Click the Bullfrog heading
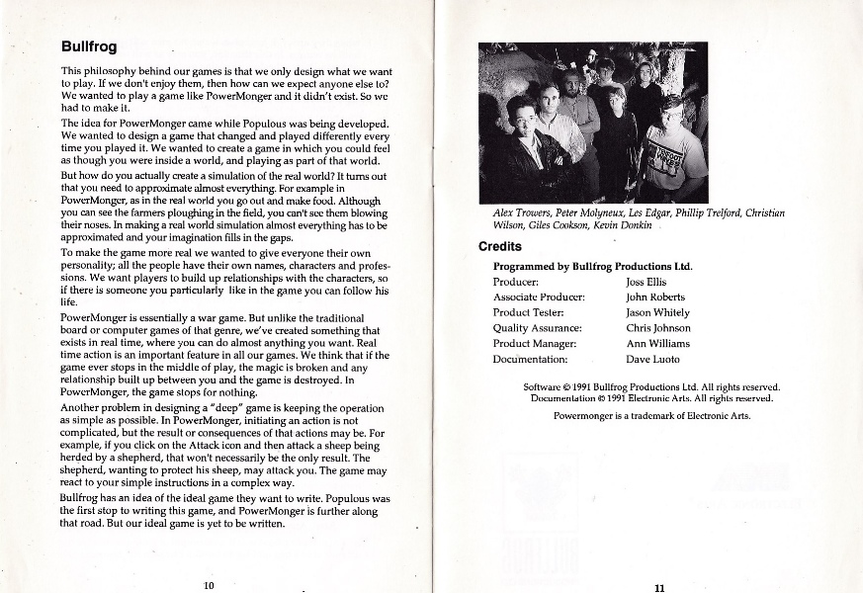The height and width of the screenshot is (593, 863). (89, 46)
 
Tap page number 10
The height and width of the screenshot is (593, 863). (209, 585)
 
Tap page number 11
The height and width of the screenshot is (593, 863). (659, 587)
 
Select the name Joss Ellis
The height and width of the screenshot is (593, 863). (647, 282)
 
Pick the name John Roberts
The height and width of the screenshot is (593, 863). (654, 296)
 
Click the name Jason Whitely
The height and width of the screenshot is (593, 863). (658, 312)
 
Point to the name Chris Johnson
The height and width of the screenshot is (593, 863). (658, 328)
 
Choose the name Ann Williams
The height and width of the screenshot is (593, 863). (657, 344)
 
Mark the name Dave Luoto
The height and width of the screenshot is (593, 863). (652, 360)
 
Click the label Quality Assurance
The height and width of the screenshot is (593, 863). (537, 328)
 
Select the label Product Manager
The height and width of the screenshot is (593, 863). (535, 344)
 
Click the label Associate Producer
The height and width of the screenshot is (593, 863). (539, 296)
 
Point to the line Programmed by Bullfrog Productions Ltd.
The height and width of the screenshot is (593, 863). (592, 266)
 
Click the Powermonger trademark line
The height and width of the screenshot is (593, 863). (651, 416)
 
